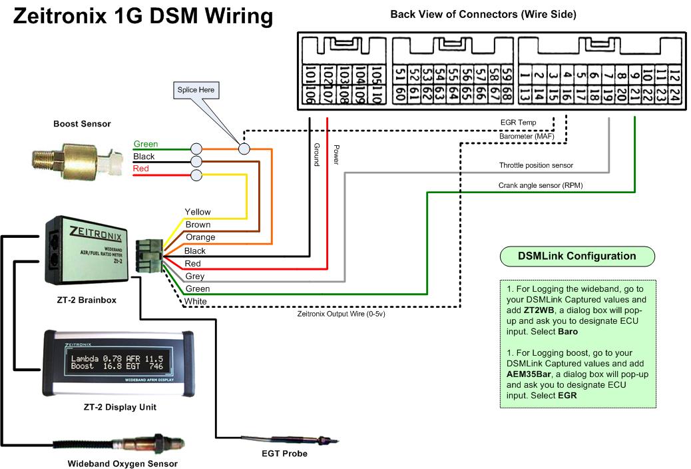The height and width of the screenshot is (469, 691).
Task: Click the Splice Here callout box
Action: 196,90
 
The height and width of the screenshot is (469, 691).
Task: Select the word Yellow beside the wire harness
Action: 198,213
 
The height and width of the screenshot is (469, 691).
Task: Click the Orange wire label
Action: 200,238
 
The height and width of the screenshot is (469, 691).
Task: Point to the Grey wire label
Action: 194,276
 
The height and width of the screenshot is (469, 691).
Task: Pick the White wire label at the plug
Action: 196,302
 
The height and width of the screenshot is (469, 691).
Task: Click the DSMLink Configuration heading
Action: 576,256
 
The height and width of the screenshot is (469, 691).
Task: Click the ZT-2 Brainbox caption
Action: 86,300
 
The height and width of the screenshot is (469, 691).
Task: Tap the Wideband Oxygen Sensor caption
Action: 122,464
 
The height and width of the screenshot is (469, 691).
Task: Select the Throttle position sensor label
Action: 536,165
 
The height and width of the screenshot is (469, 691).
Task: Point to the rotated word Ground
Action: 316,154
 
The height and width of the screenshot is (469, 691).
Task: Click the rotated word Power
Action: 336,155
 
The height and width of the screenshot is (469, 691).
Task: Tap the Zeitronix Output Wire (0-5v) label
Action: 341,313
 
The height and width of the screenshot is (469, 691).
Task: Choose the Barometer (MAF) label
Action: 525,137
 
